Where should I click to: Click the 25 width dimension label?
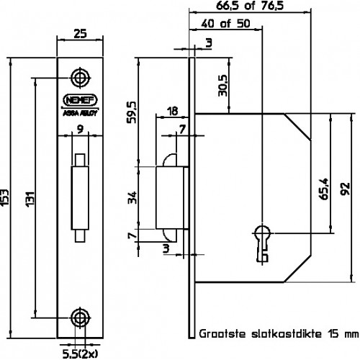point(80,34)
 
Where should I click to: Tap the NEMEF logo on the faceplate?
point(80,100)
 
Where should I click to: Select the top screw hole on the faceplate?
point(81,78)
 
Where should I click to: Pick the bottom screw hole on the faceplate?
point(81,318)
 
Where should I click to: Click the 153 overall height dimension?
point(5,197)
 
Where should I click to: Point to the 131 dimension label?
point(30,199)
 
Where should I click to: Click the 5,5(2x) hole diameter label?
point(80,354)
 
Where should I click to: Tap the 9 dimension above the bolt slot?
point(80,130)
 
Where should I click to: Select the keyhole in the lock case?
point(262,243)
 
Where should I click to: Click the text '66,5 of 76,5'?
point(250,6)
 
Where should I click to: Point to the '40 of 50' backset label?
point(225,24)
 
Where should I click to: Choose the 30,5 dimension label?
point(222,86)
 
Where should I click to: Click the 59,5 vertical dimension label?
point(132,112)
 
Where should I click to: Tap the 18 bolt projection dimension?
point(172,112)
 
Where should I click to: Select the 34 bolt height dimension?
point(132,198)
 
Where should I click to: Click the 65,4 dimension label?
point(324,189)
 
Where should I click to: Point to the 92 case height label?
point(346,189)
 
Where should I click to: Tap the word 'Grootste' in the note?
point(222,334)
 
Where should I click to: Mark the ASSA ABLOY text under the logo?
point(80,114)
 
